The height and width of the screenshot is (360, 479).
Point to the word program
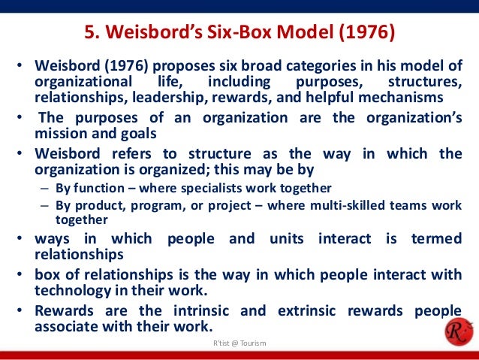[154, 204]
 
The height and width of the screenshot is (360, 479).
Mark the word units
[278, 238]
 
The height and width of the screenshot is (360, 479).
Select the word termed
[435, 238]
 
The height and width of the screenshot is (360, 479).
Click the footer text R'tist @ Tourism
[239, 343]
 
